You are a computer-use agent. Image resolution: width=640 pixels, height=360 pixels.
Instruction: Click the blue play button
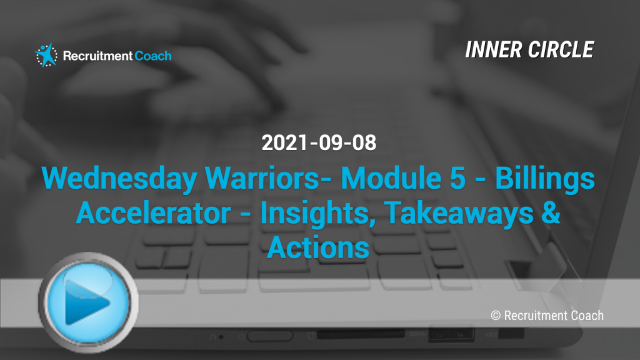click(x=88, y=302)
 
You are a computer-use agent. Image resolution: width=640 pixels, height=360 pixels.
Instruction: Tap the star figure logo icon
click(x=46, y=55)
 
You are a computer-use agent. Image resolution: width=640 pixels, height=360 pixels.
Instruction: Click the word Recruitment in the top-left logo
click(x=97, y=56)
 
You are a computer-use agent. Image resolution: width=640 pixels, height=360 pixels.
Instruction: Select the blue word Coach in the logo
click(x=153, y=56)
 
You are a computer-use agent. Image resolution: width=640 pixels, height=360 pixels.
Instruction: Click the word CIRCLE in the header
click(x=561, y=50)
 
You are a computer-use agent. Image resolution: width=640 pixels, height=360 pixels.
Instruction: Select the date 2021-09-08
click(x=319, y=143)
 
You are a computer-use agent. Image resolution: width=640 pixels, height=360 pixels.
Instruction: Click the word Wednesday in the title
click(x=119, y=179)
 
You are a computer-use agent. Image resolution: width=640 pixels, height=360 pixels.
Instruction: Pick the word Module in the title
click(x=391, y=178)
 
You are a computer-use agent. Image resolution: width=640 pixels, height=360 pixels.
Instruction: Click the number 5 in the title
click(x=457, y=178)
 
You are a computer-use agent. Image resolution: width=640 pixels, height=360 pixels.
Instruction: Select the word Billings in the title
click(x=545, y=179)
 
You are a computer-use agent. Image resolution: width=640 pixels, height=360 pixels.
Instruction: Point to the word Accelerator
click(x=154, y=212)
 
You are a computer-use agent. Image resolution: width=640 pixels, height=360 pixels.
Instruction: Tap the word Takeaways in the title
click(x=459, y=214)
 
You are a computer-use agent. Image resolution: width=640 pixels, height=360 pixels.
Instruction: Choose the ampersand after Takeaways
click(x=551, y=212)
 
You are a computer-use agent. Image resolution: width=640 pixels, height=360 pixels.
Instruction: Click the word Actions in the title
click(x=318, y=247)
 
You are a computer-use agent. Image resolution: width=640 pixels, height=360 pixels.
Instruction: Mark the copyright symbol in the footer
click(x=496, y=316)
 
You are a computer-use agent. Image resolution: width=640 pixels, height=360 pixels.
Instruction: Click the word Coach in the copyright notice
click(x=587, y=316)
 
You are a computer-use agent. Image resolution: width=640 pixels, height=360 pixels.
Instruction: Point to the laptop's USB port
click(x=451, y=334)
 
